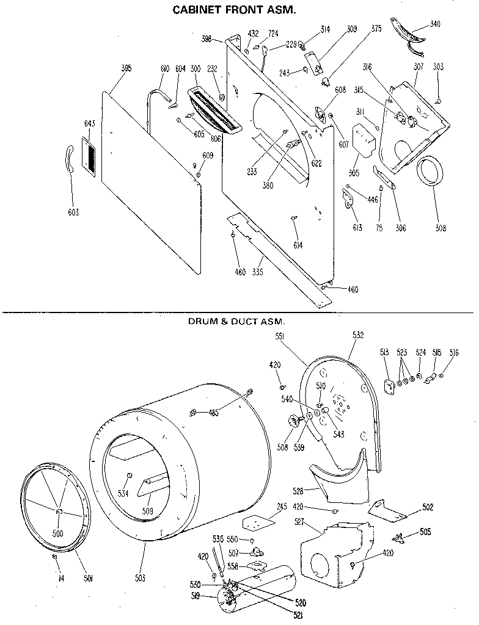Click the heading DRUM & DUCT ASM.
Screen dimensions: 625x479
click(x=237, y=320)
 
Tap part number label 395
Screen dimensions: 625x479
click(x=126, y=68)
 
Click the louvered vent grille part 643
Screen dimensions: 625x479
click(x=89, y=157)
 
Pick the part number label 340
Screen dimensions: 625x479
click(x=434, y=24)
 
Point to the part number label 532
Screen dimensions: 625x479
click(x=358, y=334)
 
